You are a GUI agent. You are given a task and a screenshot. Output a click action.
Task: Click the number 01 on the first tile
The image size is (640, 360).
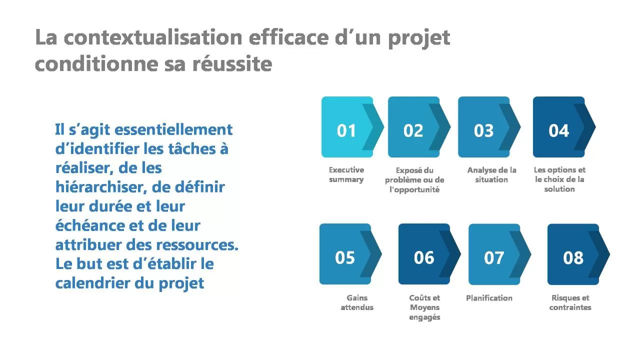pyautogui.click(x=346, y=130)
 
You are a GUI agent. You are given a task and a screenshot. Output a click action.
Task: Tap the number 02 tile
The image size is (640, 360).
pyautogui.click(x=419, y=127)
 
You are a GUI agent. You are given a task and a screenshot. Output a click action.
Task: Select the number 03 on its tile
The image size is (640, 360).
pyautogui.click(x=483, y=130)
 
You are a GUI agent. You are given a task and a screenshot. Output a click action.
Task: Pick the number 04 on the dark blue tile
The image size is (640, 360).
pyautogui.click(x=558, y=130)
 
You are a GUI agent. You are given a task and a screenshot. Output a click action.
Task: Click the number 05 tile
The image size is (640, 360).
pyautogui.click(x=350, y=254)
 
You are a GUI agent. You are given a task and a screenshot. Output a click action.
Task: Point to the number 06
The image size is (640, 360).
pyautogui.click(x=424, y=257)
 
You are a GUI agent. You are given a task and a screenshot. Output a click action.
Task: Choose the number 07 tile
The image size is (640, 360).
pyautogui.click(x=499, y=254)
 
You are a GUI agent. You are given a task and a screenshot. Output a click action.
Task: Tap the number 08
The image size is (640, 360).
pyautogui.click(x=573, y=257)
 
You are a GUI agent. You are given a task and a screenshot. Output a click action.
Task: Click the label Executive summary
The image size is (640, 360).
pyautogui.click(x=346, y=174)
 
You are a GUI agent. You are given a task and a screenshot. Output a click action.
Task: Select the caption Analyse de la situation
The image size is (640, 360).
pyautogui.click(x=491, y=174)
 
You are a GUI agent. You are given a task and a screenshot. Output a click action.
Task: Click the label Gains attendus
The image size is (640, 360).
pyautogui.click(x=357, y=302)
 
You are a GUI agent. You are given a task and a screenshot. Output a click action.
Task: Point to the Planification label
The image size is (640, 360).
pyautogui.click(x=489, y=298)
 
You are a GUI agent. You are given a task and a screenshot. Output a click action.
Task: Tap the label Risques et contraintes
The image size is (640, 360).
pyautogui.click(x=570, y=302)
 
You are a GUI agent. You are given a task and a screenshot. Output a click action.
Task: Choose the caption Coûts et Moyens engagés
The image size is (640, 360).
pyautogui.click(x=424, y=307)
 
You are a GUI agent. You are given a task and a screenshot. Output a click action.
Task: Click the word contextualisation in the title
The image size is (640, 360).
pyautogui.click(x=153, y=37)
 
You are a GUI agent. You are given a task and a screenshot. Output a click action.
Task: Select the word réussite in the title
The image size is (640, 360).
pyautogui.click(x=232, y=63)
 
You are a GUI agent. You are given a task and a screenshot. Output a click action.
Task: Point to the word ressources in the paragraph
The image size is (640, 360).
pyautogui.click(x=196, y=245)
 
